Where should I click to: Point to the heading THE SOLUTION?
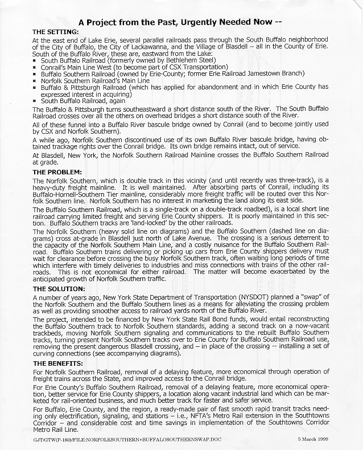coord(59,289)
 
